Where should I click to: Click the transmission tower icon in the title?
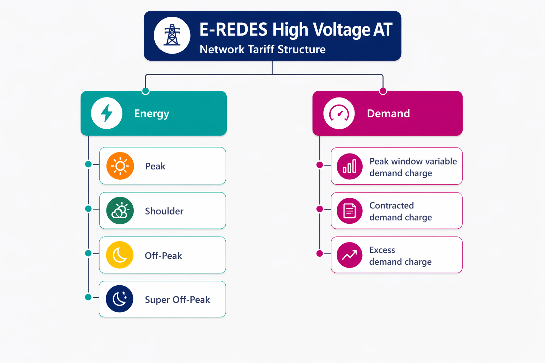tap(172, 35)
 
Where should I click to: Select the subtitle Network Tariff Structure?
tap(263, 49)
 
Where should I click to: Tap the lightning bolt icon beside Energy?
tap(107, 113)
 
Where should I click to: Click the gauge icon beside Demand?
tap(339, 113)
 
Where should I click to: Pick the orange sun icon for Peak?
tap(120, 166)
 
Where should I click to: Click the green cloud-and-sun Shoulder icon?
tap(120, 211)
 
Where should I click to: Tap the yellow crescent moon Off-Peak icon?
tap(120, 255)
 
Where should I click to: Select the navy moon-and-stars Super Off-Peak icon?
tap(120, 299)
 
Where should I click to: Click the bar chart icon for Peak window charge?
tap(349, 166)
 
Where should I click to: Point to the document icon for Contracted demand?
tap(349, 211)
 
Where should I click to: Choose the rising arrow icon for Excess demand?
tap(349, 255)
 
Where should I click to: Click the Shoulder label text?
tap(164, 211)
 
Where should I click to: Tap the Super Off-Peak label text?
tap(177, 300)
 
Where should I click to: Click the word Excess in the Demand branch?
tap(382, 250)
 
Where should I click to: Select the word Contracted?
tap(391, 206)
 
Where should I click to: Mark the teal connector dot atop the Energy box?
tap(145, 91)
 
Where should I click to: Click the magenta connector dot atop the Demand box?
tap(383, 91)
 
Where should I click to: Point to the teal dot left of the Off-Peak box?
tap(88, 253)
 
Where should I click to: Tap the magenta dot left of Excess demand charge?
tap(320, 253)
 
